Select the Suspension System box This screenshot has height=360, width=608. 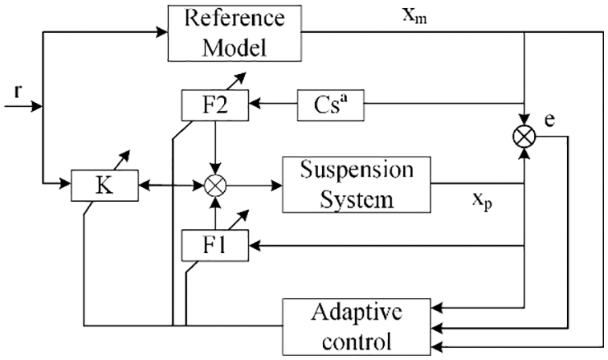coord(356,184)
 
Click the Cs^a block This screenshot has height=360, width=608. coord(324,104)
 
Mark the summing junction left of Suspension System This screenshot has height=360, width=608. coord(214,185)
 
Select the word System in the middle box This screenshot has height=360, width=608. coord(357,198)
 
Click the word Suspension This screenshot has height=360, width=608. coord(357,170)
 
